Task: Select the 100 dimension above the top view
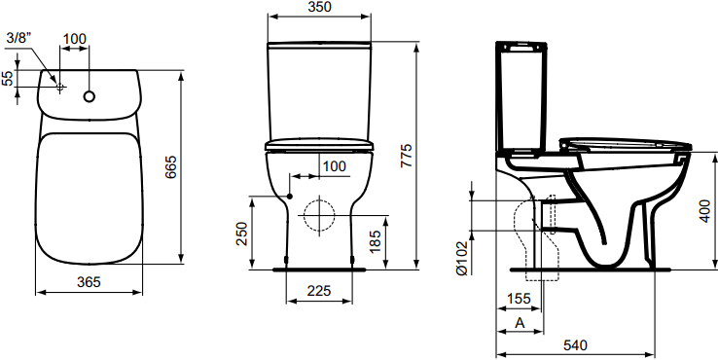[74, 38]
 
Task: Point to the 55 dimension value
[9, 79]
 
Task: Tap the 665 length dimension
[169, 166]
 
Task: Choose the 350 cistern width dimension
[319, 8]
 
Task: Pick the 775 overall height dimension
[407, 156]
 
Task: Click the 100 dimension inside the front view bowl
[333, 166]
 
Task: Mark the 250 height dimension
[242, 233]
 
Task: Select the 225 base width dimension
[317, 289]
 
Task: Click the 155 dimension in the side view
[518, 300]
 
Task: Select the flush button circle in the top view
[90, 96]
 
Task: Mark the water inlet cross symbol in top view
[59, 88]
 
